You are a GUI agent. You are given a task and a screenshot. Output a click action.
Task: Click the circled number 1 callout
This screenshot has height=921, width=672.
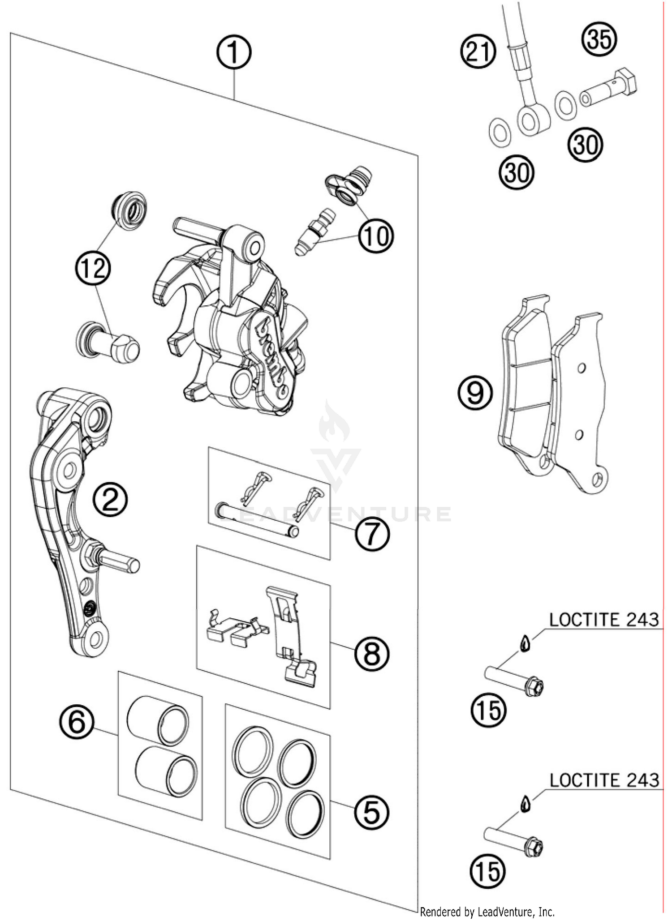pos(233,53)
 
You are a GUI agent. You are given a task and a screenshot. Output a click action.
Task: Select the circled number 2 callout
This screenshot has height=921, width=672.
pos(110,500)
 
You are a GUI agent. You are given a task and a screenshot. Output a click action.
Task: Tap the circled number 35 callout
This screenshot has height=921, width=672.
pos(599,39)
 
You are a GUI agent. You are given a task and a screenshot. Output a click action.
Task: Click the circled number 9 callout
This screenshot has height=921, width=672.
pos(475,393)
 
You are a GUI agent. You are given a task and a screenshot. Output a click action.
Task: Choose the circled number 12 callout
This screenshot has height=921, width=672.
pos(93,269)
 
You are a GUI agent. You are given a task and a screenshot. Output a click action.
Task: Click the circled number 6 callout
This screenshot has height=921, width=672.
pos(77,722)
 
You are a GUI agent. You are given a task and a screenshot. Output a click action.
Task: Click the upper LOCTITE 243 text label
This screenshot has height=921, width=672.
pos(603,620)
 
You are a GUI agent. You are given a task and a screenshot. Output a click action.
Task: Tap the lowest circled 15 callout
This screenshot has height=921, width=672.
pos(487,871)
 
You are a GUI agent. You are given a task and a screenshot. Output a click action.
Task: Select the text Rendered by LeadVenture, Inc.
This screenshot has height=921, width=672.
pos(487,912)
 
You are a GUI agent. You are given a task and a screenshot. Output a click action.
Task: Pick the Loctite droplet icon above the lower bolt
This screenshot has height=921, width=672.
pos(525,804)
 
